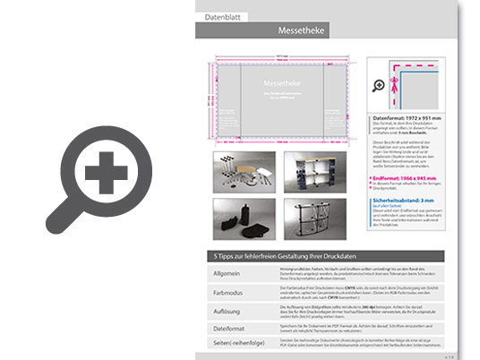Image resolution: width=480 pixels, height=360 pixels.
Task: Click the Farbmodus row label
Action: (227, 292)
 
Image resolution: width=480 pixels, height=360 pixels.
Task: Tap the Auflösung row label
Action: (227, 311)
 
